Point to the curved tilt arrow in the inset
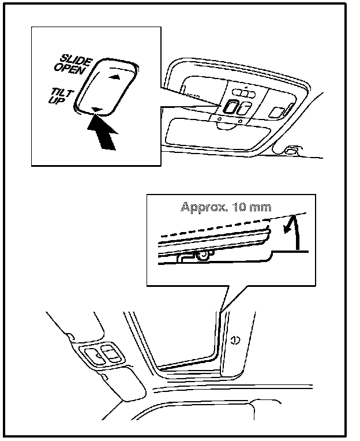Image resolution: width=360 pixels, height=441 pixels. pyautogui.click(x=292, y=231)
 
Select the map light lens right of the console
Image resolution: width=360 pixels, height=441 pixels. pyautogui.click(x=279, y=110)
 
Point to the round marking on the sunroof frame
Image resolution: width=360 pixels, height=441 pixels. pyautogui.click(x=235, y=339)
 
